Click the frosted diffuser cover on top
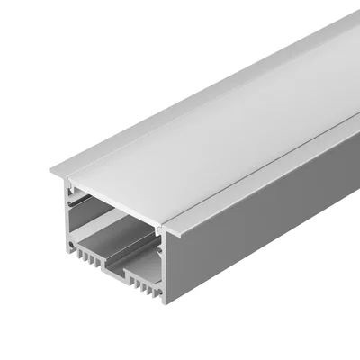(216, 126)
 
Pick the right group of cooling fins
(144, 285)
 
